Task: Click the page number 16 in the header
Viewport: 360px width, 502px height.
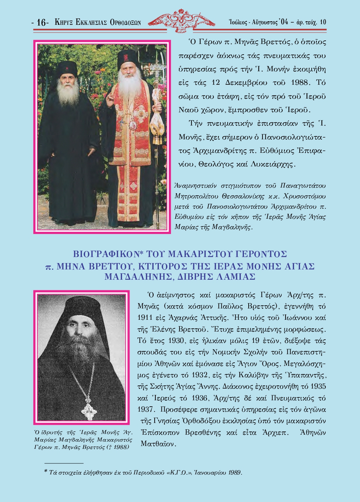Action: point(41,23)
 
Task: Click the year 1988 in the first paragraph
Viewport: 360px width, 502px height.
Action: point(300,83)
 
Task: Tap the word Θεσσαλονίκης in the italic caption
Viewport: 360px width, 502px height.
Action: point(243,196)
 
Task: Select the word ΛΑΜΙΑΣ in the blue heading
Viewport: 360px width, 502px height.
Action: point(236,277)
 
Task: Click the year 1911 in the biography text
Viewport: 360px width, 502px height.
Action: point(145,318)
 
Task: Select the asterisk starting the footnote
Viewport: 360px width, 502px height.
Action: point(46,472)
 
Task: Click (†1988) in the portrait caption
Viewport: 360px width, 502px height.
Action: point(117,447)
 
